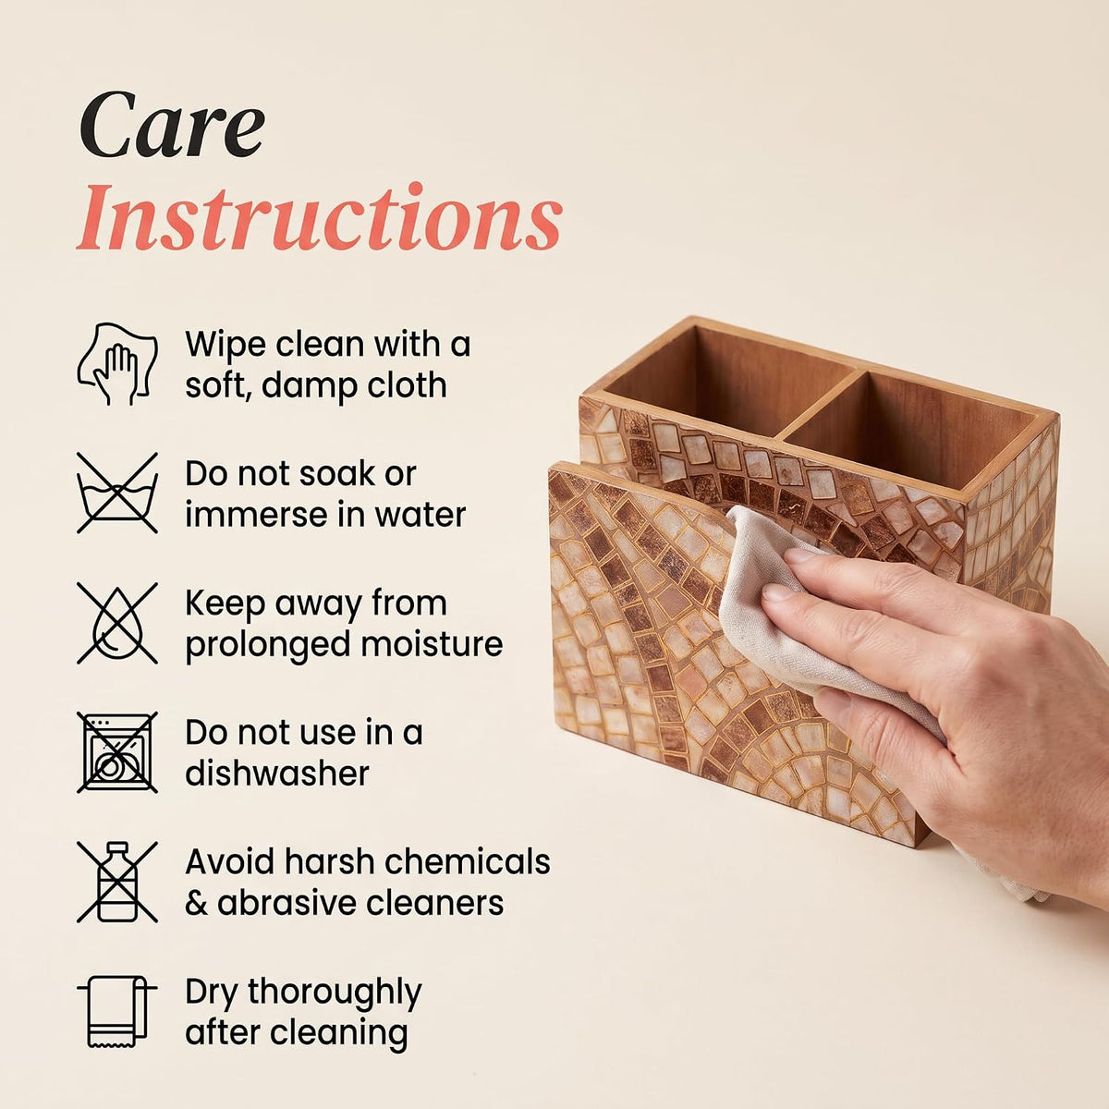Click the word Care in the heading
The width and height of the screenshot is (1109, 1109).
click(x=172, y=125)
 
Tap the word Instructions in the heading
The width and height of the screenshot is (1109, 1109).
click(x=319, y=217)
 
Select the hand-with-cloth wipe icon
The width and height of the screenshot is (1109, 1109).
click(x=117, y=363)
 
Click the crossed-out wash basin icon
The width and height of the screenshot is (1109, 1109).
click(x=117, y=493)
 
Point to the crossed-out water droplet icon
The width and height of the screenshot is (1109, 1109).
click(x=117, y=623)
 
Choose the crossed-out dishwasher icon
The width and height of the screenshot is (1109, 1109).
click(x=117, y=752)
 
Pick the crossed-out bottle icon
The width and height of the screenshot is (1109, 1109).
click(x=117, y=882)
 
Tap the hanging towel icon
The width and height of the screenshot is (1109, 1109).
click(x=117, y=1011)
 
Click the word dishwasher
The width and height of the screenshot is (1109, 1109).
click(x=277, y=773)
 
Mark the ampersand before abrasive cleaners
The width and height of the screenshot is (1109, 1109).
click(x=196, y=903)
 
